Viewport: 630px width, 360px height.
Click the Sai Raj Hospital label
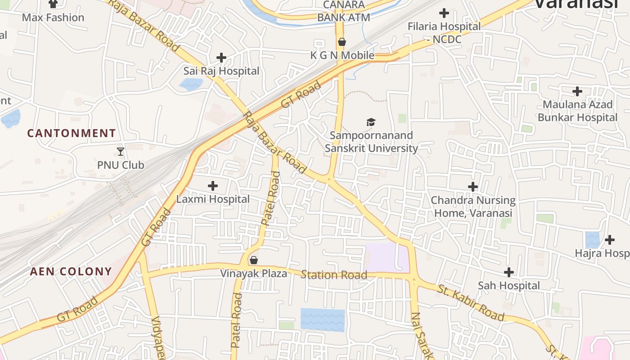click(x=221, y=71)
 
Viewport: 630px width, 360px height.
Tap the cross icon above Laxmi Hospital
click(x=213, y=185)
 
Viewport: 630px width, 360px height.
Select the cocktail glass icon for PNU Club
click(x=121, y=151)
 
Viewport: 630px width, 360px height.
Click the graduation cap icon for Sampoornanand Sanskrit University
click(x=371, y=122)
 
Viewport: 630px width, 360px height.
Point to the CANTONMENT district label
click(x=72, y=133)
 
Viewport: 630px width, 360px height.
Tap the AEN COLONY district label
click(x=71, y=271)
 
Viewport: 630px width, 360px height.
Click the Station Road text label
click(x=334, y=274)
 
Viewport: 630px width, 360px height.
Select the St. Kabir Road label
click(x=471, y=302)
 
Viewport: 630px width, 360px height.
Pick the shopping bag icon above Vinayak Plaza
click(x=254, y=260)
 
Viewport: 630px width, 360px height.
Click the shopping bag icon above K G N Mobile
click(x=342, y=42)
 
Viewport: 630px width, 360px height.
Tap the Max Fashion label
click(x=53, y=18)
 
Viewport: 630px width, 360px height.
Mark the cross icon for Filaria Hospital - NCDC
click(x=444, y=13)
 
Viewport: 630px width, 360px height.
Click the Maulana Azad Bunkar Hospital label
click(x=577, y=111)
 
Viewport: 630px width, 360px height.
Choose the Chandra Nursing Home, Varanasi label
click(x=473, y=206)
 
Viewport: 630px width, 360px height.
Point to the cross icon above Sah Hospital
click(x=509, y=272)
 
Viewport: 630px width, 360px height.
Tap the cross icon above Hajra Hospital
click(x=610, y=239)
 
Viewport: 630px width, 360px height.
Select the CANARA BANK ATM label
click(x=344, y=11)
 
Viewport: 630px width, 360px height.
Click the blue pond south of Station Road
click(x=322, y=319)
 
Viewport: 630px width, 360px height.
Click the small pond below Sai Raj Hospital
click(x=191, y=84)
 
